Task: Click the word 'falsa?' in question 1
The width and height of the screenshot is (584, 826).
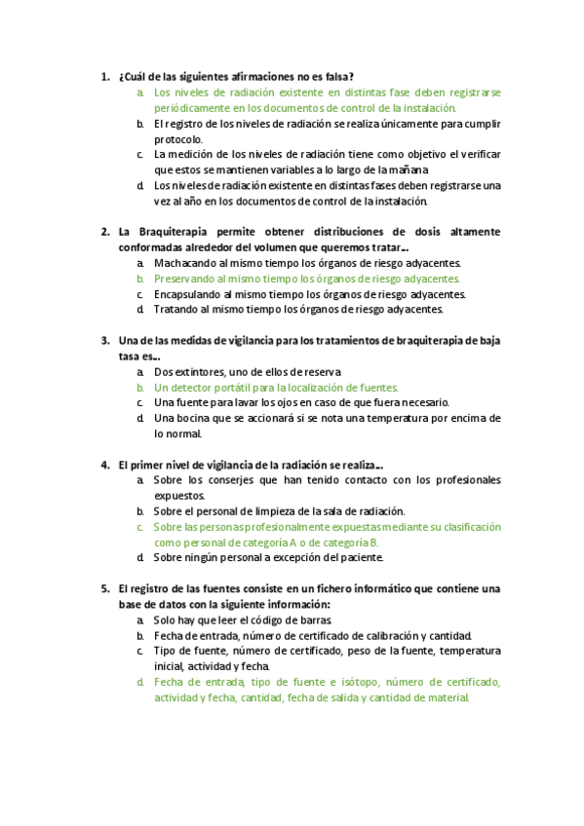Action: tap(337, 76)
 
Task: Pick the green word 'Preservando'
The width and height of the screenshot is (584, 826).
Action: tap(187, 279)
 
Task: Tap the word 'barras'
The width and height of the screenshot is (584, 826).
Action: tap(315, 619)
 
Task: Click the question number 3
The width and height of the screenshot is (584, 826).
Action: tap(104, 341)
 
